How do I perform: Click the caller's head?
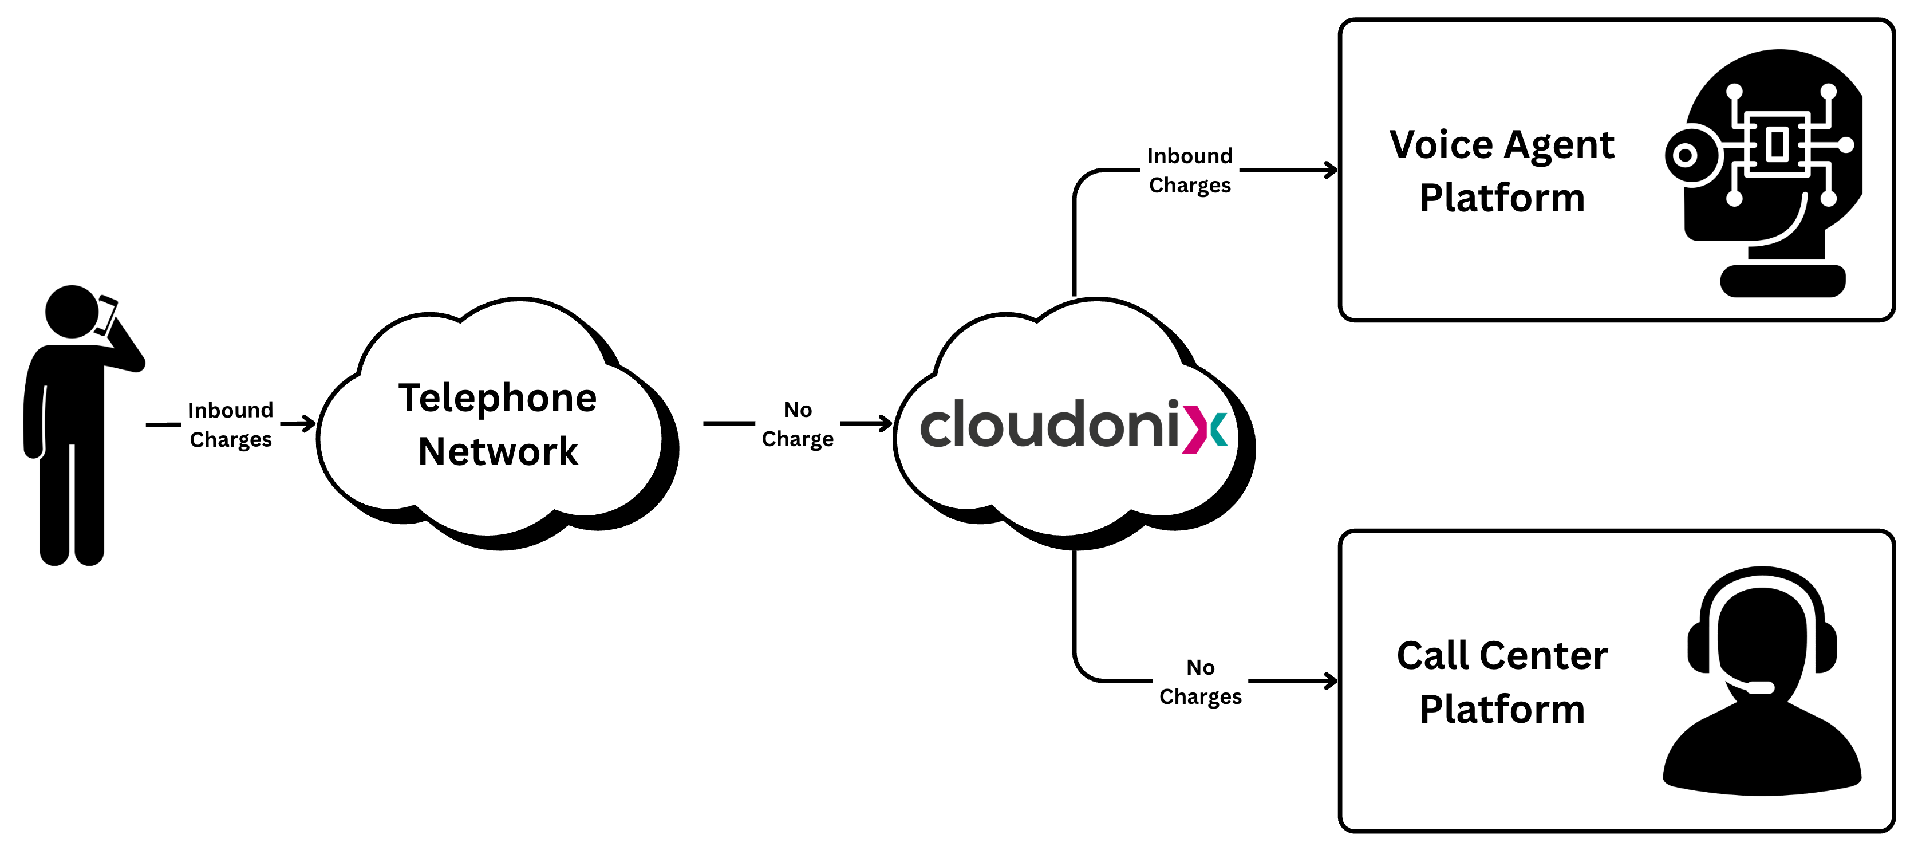72,312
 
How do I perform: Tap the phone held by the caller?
107,315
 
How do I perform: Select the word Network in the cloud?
498,451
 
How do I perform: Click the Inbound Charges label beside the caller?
231,424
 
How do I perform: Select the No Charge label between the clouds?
798,424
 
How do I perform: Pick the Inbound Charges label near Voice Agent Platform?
1190,171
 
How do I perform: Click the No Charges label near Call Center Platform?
1200,682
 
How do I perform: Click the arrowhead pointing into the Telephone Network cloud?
309,424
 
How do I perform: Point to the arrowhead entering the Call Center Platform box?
1331,681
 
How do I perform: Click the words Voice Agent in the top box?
1502,144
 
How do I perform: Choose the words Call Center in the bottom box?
1502,655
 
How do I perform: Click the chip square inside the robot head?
1777,144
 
